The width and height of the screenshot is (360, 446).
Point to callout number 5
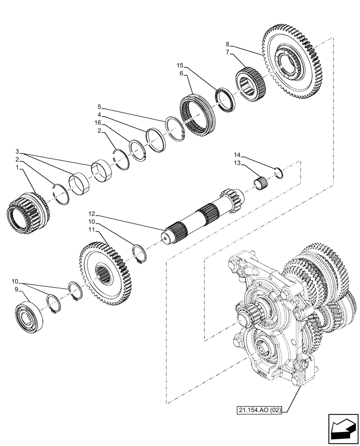coord(100,107)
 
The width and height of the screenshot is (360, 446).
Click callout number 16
coord(97,123)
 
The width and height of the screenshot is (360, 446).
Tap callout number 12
coord(91,215)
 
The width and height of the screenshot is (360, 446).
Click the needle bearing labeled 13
coord(260,183)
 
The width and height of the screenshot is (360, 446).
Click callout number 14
coord(237,155)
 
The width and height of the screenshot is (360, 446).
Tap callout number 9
coord(16,289)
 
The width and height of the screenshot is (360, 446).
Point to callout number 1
coord(17,168)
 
